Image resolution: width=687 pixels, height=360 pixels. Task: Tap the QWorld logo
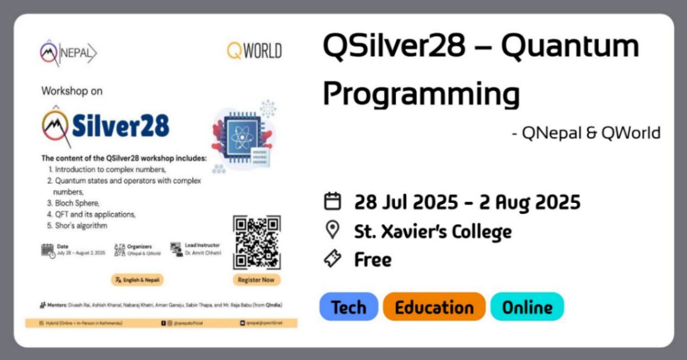point(254,51)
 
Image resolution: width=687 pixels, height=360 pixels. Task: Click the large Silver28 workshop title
point(106,125)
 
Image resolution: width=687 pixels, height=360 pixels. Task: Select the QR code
point(257,243)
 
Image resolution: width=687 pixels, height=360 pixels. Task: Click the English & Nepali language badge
point(138,279)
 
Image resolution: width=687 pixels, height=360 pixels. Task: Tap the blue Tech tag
point(349,307)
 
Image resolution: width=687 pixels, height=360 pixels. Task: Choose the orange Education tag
point(434,307)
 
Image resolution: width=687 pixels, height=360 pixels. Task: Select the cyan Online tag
point(527,307)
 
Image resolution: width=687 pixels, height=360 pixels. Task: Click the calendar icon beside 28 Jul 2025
point(333,202)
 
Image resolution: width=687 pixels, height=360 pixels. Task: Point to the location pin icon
point(333,230)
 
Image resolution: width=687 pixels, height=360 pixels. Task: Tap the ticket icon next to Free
point(333,259)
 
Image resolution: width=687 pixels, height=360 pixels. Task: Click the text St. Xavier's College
point(433,231)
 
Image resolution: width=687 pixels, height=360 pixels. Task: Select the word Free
point(373,260)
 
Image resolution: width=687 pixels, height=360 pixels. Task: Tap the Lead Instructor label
point(202,245)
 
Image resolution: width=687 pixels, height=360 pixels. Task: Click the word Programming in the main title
point(421,93)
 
